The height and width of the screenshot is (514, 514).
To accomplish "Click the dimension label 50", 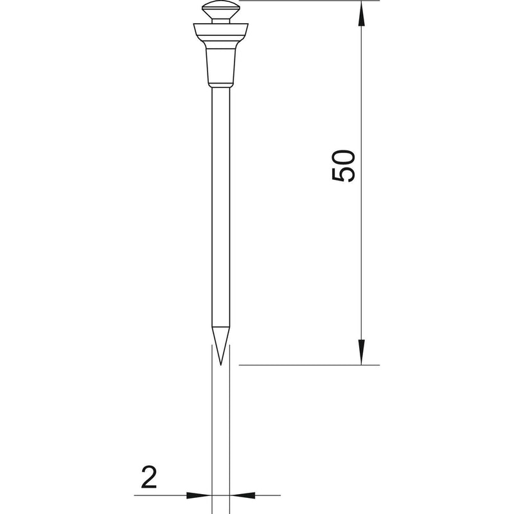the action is click(x=343, y=166).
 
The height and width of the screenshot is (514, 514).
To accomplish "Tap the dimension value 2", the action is click(x=149, y=477).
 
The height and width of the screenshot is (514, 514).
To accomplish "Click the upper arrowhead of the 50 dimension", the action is click(x=361, y=13).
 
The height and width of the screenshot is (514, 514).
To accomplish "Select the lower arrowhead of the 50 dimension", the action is click(x=361, y=352).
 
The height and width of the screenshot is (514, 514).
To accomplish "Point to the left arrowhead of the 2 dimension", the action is click(x=199, y=495).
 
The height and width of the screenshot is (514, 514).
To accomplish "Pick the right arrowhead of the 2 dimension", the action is click(x=242, y=495).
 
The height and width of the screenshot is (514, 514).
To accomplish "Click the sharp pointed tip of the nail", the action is click(x=220, y=365).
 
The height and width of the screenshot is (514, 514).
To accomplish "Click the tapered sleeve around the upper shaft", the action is click(x=220, y=66).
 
